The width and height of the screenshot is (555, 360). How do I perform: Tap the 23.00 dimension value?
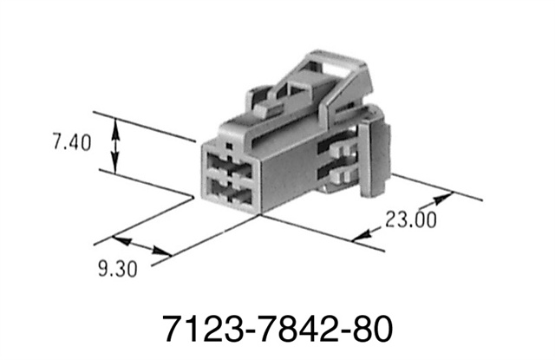tap(410, 219)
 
